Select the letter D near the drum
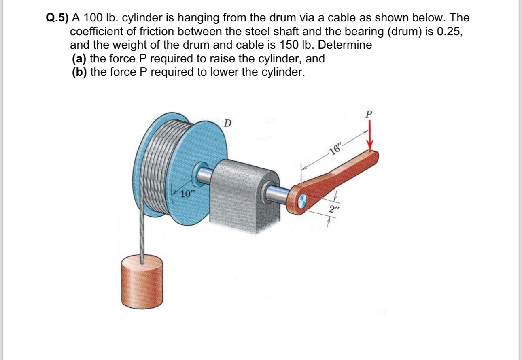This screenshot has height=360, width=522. click(228, 122)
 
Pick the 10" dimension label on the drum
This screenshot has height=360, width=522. click(187, 194)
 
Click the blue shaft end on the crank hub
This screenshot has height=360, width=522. click(302, 199)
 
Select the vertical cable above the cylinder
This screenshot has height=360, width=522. click(141, 235)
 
